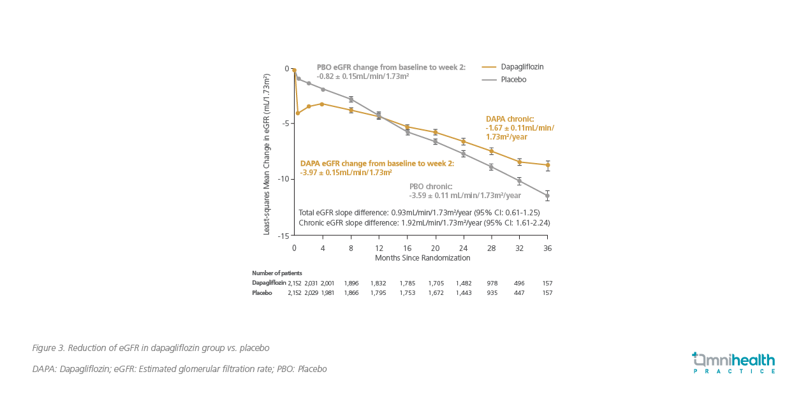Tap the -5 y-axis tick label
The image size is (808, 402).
tap(285, 123)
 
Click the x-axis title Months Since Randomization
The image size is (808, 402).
tap(422, 258)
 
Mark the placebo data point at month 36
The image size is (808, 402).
tap(547, 196)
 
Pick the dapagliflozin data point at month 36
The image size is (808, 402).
tap(547, 165)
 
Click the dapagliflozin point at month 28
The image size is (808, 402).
tap(491, 151)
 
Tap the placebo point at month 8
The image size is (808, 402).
tap(351, 99)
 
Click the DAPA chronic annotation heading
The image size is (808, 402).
tap(510, 119)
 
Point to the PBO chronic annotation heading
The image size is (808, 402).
tap(430, 187)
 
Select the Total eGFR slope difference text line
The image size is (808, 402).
tap(419, 212)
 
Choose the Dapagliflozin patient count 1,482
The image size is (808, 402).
tap(463, 283)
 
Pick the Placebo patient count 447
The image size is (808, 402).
tap(519, 293)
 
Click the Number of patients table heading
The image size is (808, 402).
tap(277, 273)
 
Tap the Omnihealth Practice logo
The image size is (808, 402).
tap(733, 363)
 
